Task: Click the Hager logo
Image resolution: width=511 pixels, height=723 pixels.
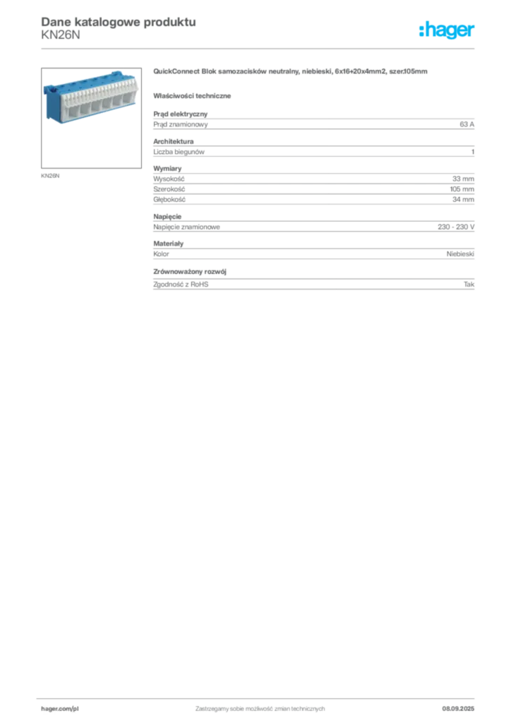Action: pos(447,30)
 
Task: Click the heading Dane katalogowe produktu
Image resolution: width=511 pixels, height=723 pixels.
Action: pos(119,22)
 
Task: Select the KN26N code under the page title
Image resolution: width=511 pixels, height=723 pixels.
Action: pos(61,35)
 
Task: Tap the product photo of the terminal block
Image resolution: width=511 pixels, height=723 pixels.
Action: pos(91,118)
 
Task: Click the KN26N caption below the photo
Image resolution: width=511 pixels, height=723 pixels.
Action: pos(50,176)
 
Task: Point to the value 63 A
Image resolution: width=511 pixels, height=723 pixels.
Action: pos(467,124)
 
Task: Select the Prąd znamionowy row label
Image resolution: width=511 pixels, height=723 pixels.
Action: pos(181,124)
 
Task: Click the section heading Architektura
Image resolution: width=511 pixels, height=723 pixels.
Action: pos(173,141)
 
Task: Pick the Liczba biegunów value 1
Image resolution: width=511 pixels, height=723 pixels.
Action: pos(473,152)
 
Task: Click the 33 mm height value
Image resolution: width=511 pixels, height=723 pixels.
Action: pos(463,179)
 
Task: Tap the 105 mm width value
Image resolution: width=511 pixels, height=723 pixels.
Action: pos(462,189)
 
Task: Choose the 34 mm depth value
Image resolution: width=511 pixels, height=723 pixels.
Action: pos(463,200)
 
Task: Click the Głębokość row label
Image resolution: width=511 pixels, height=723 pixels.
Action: pos(169,200)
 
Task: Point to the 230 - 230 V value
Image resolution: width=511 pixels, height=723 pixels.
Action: pos(456,227)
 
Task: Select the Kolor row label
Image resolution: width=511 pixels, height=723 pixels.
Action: pos(161,254)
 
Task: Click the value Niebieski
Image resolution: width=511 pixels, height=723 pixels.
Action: pos(460,254)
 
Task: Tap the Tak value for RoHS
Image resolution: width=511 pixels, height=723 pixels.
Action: pos(469,285)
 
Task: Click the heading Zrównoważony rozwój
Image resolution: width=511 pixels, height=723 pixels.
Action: pos(190,272)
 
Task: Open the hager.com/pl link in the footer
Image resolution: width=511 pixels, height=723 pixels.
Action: pos(60,709)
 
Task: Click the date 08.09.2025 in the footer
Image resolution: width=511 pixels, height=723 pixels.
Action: pos(458,709)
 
